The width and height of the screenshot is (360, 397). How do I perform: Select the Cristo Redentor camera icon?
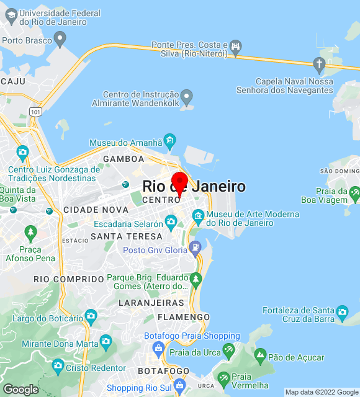[58, 364]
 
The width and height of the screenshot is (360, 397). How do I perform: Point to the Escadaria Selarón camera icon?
[171, 220]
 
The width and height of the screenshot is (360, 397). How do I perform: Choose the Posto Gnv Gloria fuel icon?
[196, 247]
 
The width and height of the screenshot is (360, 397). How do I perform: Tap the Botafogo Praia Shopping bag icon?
[158, 347]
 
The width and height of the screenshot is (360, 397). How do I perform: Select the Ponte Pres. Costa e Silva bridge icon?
[235, 45]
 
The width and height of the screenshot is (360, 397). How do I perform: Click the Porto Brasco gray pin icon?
[60, 40]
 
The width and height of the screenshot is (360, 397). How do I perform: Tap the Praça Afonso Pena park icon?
[30, 233]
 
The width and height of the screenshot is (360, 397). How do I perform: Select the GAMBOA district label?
[124, 159]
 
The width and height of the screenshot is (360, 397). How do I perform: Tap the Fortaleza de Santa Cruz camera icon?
[342, 312]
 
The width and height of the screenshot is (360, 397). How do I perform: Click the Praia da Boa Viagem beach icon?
[354, 194]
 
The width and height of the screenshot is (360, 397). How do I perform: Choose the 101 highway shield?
[35, 112]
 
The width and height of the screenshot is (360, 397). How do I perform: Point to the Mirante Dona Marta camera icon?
[106, 341]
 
